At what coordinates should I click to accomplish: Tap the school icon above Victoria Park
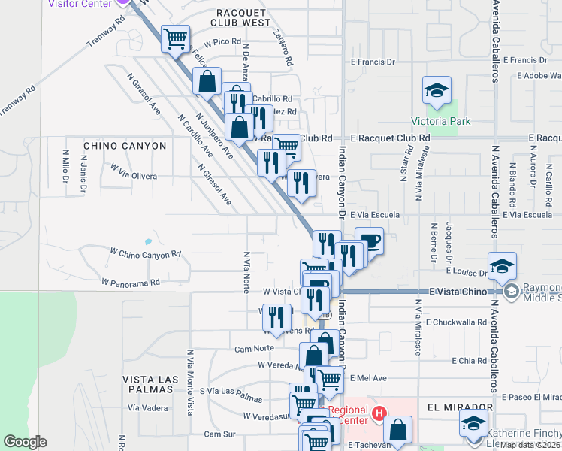[437, 92]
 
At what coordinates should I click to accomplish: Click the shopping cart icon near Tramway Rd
[175, 37]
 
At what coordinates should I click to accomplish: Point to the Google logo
[25, 442]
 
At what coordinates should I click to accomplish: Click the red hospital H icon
[379, 413]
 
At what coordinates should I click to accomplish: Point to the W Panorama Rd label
[131, 283]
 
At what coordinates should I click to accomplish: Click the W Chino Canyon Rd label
[146, 254]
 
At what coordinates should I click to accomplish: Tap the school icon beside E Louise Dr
[502, 266]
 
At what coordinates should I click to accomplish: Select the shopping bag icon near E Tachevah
[398, 431]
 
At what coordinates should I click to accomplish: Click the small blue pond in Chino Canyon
[147, 242]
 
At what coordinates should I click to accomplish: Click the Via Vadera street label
[147, 407]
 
